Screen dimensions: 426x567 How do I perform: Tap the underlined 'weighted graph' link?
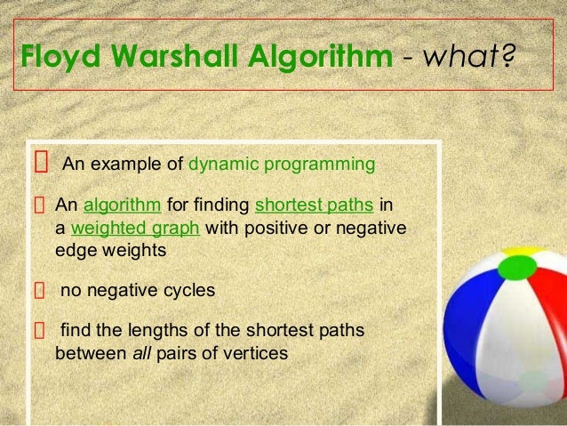point(136,229)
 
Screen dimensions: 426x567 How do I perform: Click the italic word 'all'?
point(141,352)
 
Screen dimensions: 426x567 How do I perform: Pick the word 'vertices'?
point(257,352)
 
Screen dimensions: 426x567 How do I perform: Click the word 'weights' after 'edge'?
point(139,251)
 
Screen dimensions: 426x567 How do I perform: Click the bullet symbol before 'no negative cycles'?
point(39,289)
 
